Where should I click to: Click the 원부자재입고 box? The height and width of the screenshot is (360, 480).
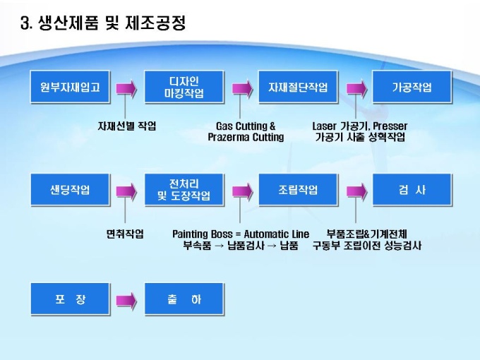(70, 88)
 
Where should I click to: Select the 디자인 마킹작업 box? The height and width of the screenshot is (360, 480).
(184, 88)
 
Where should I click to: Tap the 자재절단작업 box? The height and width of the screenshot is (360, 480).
(298, 88)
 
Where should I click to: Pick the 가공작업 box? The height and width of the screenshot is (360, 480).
(412, 88)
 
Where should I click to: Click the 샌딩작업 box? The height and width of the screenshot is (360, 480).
(70, 190)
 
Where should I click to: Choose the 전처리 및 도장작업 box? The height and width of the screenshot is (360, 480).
(184, 190)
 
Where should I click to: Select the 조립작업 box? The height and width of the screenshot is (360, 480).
(298, 190)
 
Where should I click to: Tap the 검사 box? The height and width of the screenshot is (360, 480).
(412, 190)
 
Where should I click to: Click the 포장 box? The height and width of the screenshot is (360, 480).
(70, 299)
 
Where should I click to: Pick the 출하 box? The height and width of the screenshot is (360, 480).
(184, 299)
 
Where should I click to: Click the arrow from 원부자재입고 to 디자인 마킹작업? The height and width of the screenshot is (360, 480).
(126, 88)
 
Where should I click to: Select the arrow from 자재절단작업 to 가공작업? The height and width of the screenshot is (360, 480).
(355, 88)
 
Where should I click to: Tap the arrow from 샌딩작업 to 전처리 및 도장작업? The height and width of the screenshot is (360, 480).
(126, 190)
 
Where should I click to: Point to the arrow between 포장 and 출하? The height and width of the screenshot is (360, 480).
(126, 299)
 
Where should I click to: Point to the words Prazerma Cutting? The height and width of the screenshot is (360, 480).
(246, 138)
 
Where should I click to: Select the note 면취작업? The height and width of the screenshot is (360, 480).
(125, 234)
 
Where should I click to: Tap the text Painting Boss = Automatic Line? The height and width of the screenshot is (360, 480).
(241, 234)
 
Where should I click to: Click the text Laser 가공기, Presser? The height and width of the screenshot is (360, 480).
(360, 126)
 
